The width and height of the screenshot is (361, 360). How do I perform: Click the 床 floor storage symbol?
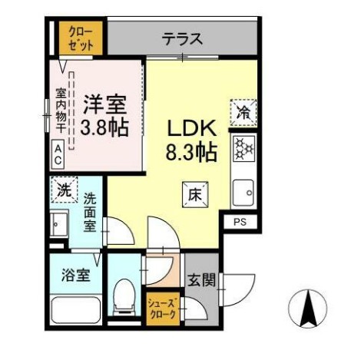pos(191,195)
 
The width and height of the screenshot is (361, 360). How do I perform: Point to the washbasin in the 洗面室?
pos(59,225)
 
